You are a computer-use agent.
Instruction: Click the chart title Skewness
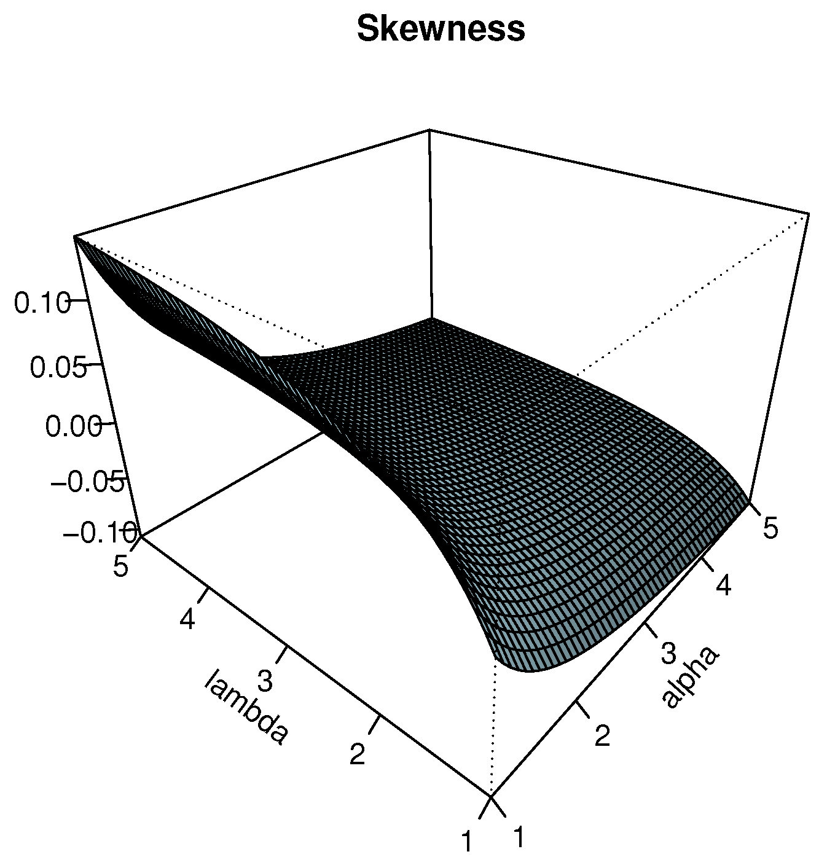(x=441, y=29)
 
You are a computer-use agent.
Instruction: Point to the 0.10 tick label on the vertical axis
(x=42, y=303)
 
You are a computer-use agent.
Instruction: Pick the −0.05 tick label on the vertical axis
(x=88, y=482)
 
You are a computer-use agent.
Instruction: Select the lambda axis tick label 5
(x=121, y=566)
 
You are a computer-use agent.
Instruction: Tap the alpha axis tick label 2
(x=602, y=735)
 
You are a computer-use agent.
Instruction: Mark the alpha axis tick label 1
(x=519, y=837)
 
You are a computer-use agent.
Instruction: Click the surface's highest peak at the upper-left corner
(x=75, y=237)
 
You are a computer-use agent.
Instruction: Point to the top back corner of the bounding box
(x=429, y=130)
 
